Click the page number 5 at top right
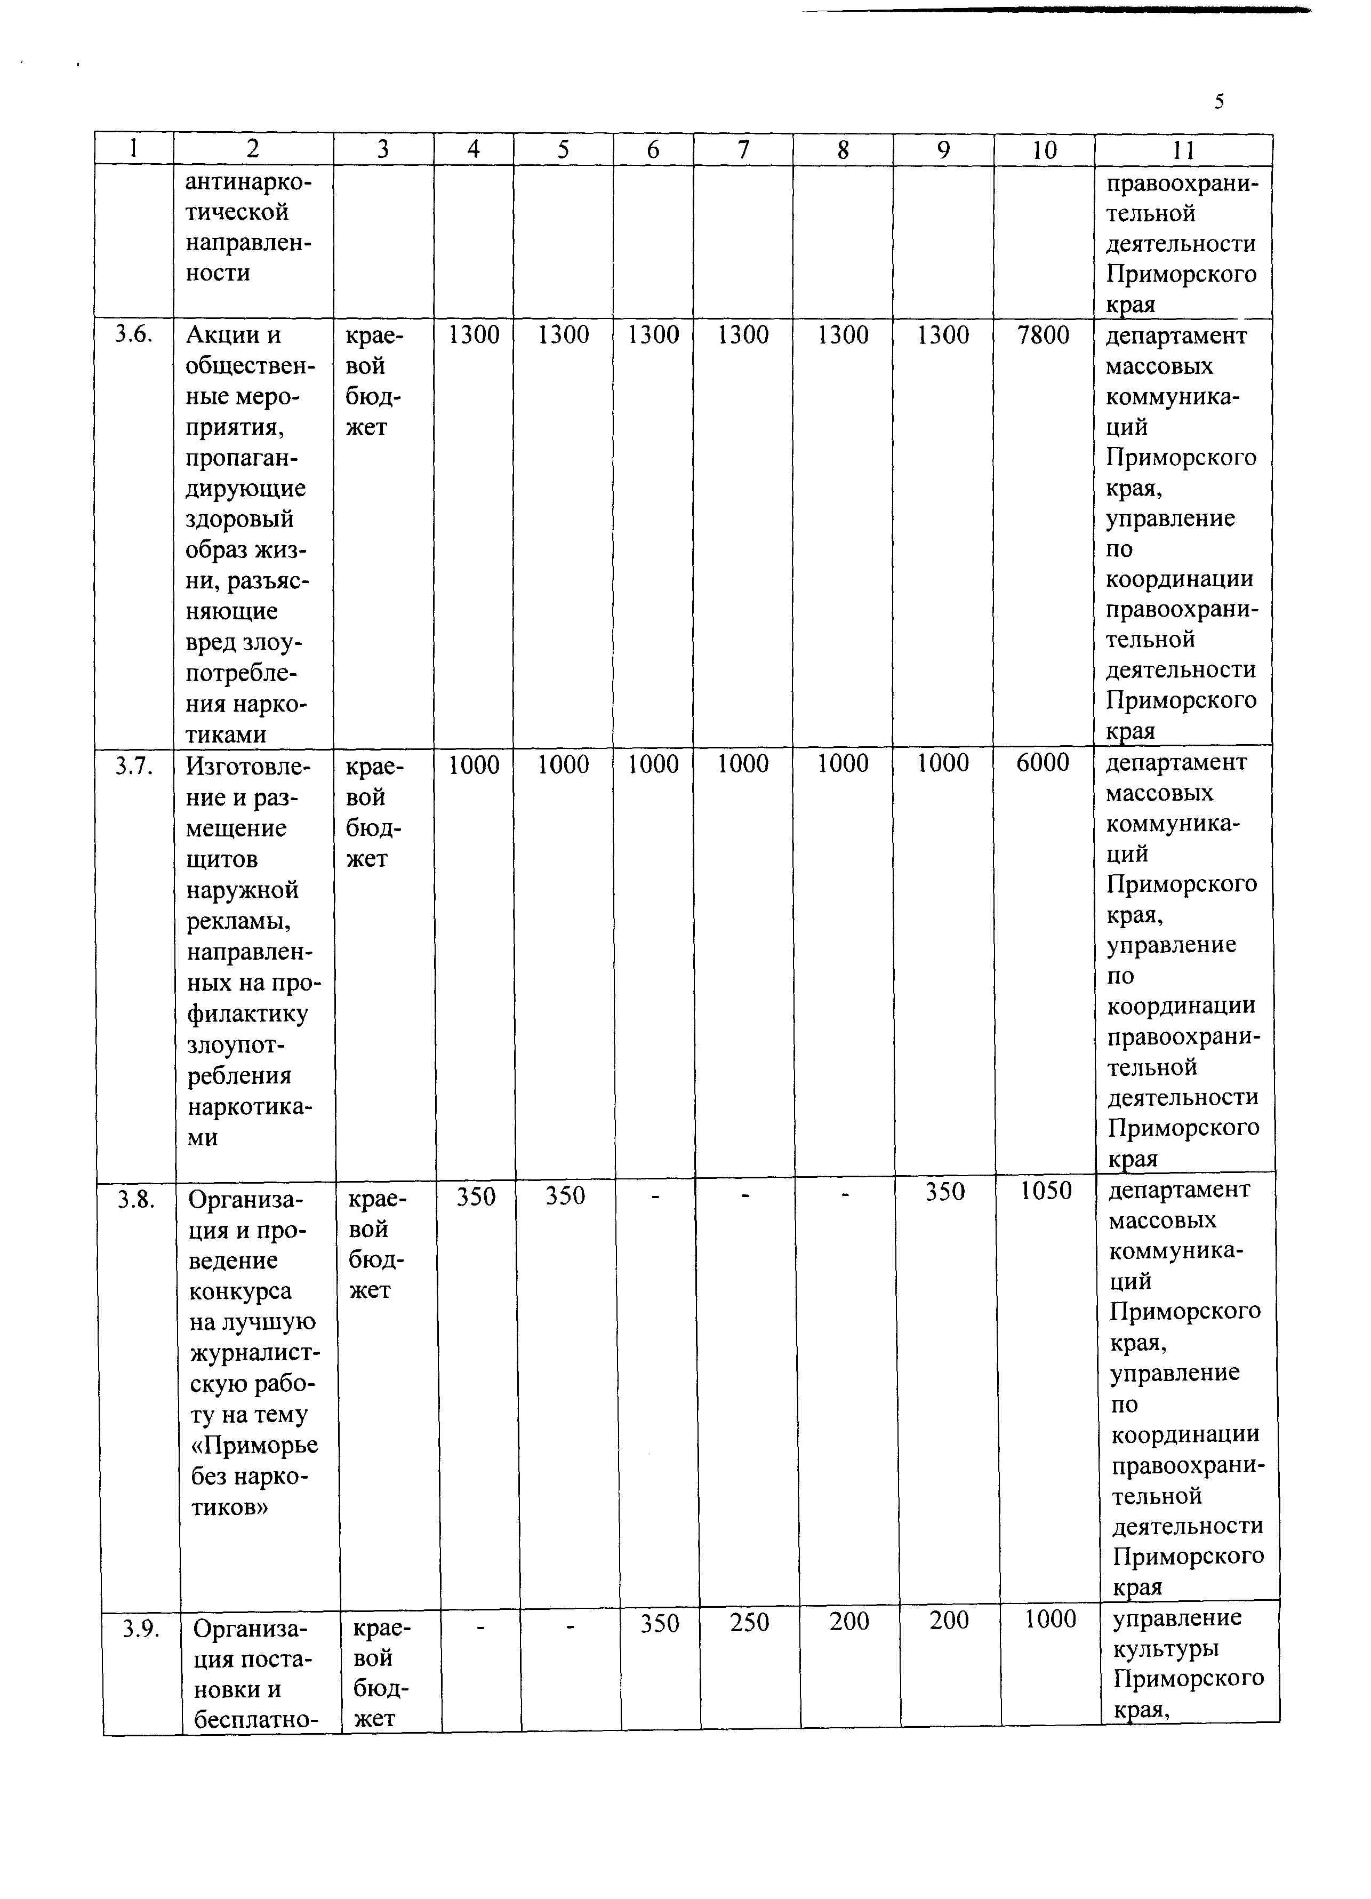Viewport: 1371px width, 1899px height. pos(1220,102)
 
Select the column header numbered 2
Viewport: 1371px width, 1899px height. pos(253,149)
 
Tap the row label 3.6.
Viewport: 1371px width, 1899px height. pos(134,334)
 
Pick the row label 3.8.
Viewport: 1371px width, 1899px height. pos(137,1200)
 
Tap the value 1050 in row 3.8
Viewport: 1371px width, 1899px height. pos(1045,1191)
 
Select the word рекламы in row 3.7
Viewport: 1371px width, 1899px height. pos(239,921)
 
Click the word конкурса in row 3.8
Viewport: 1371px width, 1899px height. pos(240,1291)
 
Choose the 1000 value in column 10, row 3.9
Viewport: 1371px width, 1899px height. pos(1051,1619)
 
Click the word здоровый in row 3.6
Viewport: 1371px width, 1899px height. pos(240,519)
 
